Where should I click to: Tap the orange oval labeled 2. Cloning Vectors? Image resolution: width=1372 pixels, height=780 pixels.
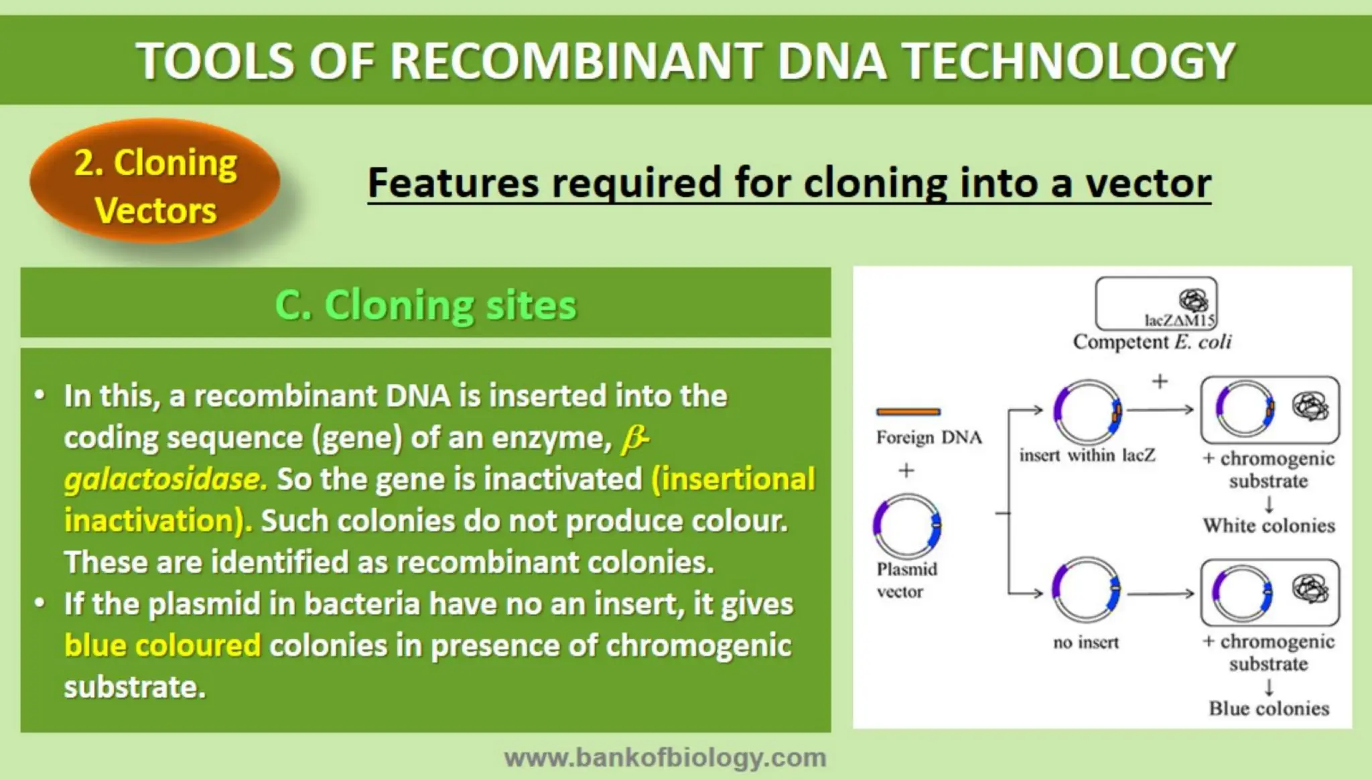pos(155,186)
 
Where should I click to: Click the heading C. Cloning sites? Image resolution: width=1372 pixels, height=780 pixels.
pos(425,305)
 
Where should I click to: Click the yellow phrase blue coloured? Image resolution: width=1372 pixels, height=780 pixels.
pos(162,646)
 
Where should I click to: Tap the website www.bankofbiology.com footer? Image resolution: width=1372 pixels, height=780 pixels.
pos(665,758)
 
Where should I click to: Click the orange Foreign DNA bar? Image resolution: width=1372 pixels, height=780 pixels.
pos(908,411)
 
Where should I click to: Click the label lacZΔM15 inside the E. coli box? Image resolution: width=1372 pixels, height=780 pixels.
pos(1179,320)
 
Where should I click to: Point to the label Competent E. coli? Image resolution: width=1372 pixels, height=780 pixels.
pos(1152,342)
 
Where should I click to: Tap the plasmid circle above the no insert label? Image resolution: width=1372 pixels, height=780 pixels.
pos(1085,592)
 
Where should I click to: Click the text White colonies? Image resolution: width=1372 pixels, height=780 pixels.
pos(1268,525)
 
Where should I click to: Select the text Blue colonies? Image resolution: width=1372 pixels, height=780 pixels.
pos(1268,708)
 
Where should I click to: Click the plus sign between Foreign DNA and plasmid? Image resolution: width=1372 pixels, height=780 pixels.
pos(906,470)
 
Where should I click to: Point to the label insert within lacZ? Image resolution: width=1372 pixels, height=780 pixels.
pos(1087,456)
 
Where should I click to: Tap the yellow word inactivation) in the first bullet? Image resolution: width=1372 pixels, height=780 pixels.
pos(158,521)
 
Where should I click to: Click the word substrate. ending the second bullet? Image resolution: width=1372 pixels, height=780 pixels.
pos(134,688)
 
